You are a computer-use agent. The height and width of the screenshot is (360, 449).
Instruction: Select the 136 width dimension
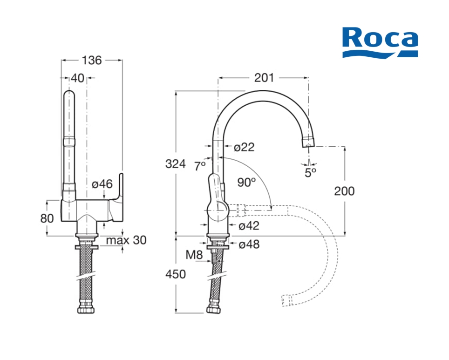point(91,60)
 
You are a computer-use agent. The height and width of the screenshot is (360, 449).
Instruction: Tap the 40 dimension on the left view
point(78,78)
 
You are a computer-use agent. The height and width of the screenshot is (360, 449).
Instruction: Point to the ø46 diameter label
point(102,184)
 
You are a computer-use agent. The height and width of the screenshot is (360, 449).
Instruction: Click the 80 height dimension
point(47,218)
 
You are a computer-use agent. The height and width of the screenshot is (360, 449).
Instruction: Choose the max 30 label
point(126,240)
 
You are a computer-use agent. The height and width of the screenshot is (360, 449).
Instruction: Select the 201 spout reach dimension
point(264,78)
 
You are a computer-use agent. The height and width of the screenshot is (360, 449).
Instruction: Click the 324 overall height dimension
point(176,163)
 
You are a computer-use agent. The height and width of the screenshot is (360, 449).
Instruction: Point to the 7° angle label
point(200,166)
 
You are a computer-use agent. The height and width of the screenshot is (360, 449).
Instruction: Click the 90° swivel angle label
point(246,182)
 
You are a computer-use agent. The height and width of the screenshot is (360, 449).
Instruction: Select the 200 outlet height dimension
point(344,191)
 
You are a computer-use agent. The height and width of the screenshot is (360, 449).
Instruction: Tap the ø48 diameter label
point(249,244)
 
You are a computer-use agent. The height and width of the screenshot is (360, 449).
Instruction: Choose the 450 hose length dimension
point(176,274)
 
